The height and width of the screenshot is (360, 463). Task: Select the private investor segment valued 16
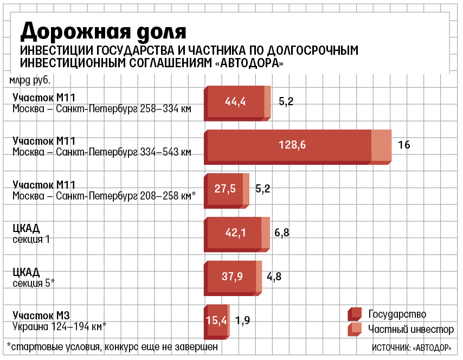(x=382, y=145)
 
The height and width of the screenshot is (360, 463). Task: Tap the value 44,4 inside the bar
(x=236, y=101)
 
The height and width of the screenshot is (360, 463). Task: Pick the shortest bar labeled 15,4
(x=216, y=320)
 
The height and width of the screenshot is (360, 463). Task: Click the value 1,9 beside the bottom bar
(x=243, y=320)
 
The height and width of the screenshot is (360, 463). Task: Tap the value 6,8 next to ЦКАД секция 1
(x=282, y=233)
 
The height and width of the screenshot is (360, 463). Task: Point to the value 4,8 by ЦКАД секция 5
(x=274, y=277)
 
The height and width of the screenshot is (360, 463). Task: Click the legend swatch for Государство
(x=355, y=314)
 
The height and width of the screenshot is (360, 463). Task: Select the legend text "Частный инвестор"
(x=411, y=330)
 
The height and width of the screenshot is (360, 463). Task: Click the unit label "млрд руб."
(x=30, y=81)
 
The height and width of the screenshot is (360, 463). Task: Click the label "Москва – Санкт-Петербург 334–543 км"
(x=102, y=152)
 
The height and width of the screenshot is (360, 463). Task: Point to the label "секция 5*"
(x=34, y=282)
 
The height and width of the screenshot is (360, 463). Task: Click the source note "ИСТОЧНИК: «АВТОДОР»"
(x=412, y=347)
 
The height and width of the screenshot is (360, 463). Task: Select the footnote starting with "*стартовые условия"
(x=113, y=346)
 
